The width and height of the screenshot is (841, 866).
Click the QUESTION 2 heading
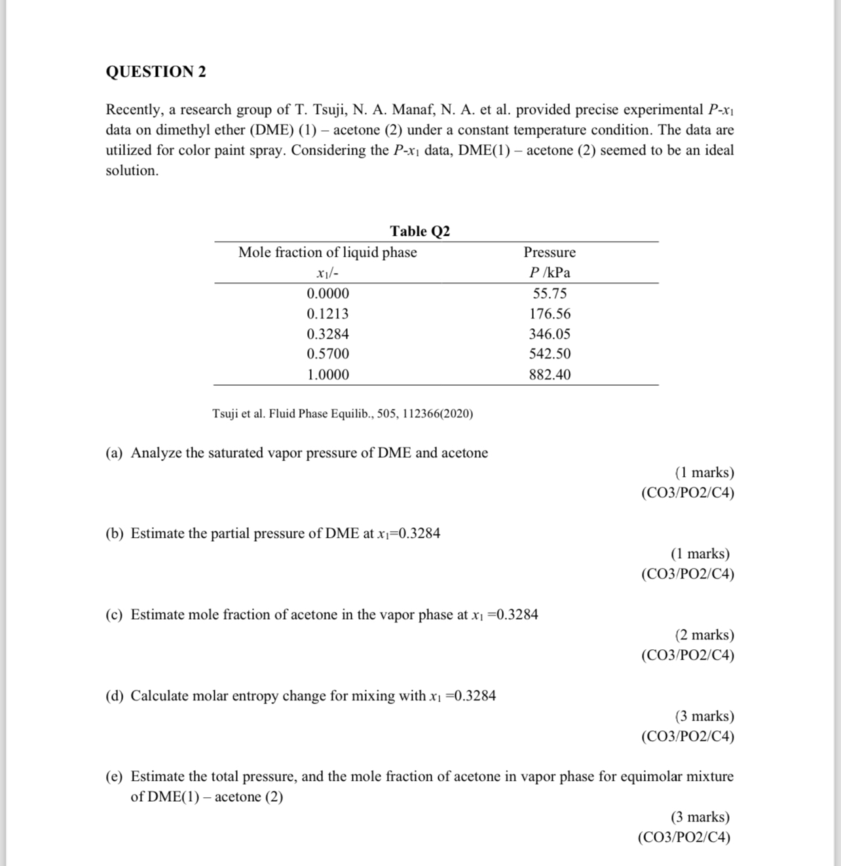156,72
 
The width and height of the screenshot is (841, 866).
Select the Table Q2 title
420,231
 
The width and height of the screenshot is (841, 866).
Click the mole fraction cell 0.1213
327,314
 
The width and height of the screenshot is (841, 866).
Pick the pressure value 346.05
550,334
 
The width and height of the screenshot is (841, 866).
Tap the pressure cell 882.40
550,375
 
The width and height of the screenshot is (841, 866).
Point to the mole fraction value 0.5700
327,354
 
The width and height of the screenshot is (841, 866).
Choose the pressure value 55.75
550,293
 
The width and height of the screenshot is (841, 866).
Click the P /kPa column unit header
550,273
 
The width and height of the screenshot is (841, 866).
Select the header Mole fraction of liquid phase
327,252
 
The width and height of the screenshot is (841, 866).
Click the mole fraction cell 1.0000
327,375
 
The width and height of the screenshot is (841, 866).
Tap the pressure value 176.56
550,314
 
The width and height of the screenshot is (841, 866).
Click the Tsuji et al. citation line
343,413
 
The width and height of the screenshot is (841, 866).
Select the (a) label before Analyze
115,453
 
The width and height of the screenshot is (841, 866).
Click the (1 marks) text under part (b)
700,554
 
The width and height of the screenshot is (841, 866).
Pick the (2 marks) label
704,635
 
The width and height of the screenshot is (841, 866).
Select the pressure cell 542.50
550,354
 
